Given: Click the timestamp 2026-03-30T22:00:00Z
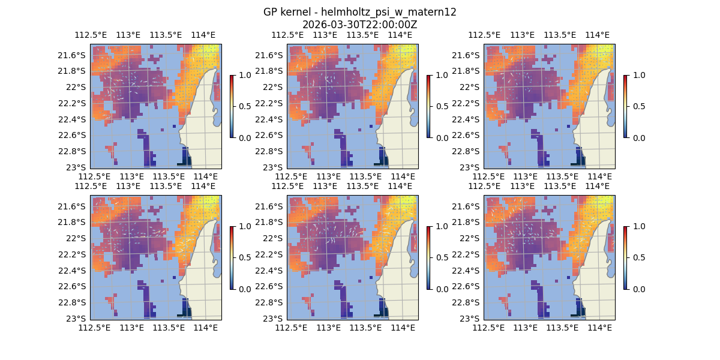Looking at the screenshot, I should point(360,25).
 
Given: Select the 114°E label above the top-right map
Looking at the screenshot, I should point(597,35).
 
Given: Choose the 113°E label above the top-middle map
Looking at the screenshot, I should point(325,35).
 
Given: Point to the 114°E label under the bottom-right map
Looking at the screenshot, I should point(600,328).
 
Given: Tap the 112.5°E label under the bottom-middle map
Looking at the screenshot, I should point(291,328).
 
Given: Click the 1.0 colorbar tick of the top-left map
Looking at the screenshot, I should point(242,75).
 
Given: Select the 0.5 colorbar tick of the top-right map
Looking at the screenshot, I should point(636,106).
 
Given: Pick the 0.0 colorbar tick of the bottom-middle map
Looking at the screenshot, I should point(439,289).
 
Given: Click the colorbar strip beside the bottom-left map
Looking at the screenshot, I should point(231,258).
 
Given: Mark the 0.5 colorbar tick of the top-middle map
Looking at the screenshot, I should point(439,106).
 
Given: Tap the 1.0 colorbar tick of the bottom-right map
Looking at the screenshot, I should point(636,226).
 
